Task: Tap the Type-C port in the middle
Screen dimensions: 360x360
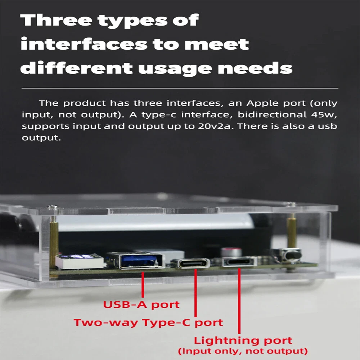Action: pos(194,263)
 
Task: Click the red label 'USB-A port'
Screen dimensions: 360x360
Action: pos(141,305)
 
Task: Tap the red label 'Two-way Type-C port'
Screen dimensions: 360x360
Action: pos(148,323)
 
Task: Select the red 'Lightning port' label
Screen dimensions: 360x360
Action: pos(243,341)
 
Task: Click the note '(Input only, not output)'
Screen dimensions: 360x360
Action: pos(243,351)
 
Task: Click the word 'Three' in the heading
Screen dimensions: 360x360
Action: pos(56,20)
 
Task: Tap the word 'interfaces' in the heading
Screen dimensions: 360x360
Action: pos(84,44)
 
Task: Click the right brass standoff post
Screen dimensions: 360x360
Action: pos(291,231)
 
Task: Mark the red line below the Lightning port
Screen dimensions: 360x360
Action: pos(239,301)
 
